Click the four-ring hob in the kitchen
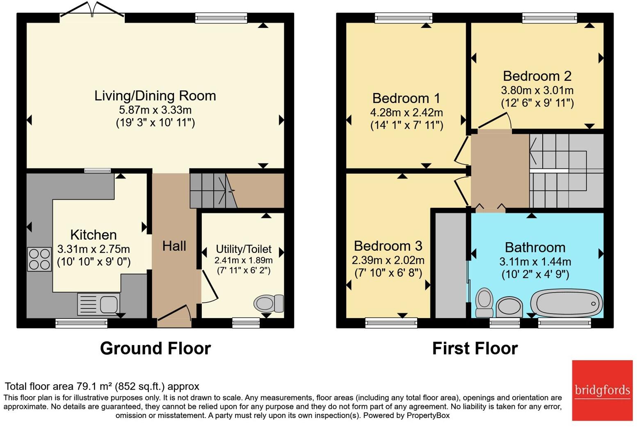39,259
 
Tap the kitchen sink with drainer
98,304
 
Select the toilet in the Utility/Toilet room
269,303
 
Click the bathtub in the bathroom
566,303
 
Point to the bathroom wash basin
509,307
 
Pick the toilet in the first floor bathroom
484,302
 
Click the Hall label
174,246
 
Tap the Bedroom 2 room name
537,76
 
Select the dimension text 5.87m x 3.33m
155,110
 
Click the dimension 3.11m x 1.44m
535,262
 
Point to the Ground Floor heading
155,348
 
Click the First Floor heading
475,348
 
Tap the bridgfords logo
602,391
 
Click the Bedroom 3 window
391,323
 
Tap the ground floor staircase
213,190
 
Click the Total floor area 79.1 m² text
102,386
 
